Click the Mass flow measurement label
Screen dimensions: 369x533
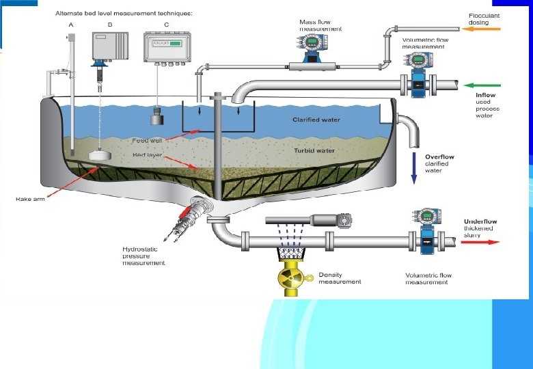point(320,25)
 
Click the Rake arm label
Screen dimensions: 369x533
point(31,199)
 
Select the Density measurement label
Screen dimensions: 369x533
point(340,278)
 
